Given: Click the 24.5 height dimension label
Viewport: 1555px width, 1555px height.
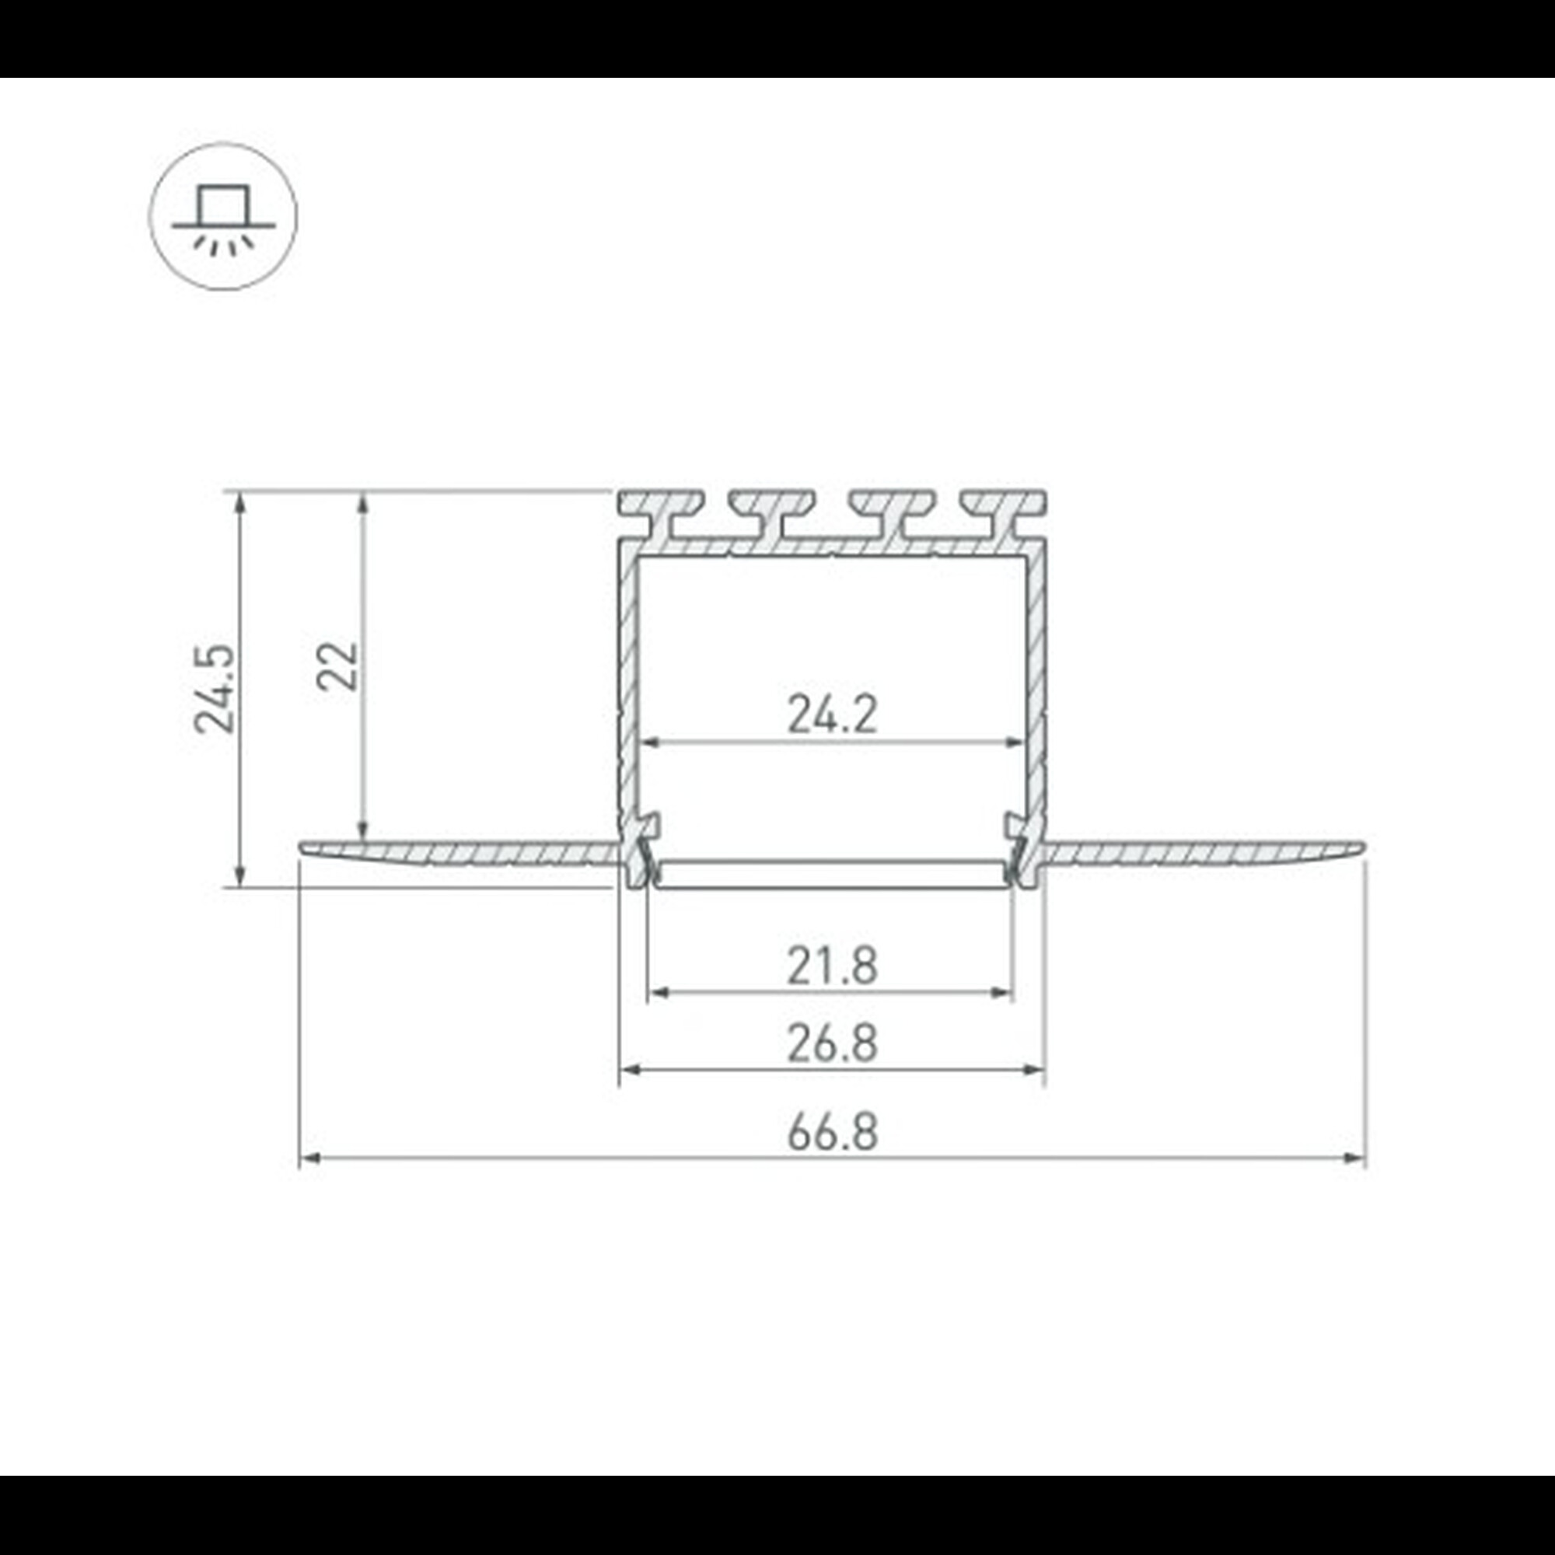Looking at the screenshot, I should click(215, 689).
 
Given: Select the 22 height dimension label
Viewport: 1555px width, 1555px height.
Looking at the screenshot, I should click(337, 666).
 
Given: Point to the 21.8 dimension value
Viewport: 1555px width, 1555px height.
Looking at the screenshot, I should click(831, 966).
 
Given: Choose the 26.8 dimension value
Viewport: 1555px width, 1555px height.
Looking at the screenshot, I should click(831, 1044).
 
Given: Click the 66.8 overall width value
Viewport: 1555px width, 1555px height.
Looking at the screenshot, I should click(831, 1130).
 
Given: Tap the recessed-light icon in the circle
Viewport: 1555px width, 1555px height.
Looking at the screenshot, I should click(223, 216).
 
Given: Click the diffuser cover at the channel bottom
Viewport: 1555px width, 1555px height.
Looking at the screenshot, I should click(831, 873).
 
